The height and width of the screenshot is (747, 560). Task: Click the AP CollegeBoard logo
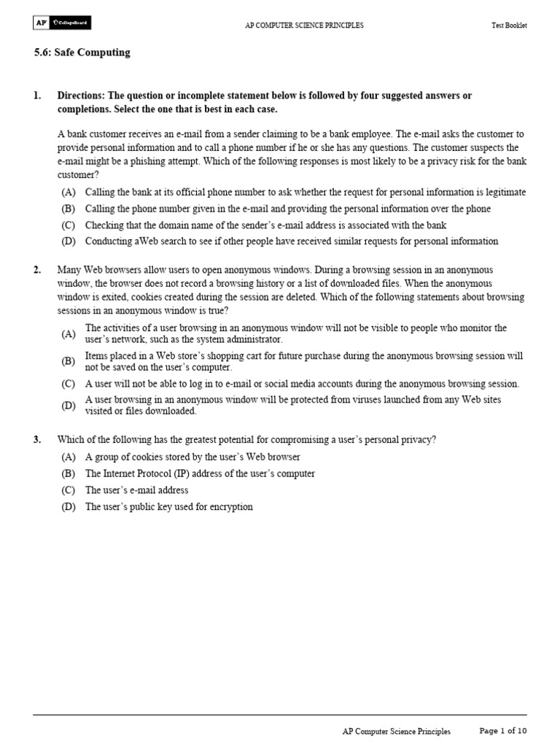coord(62,24)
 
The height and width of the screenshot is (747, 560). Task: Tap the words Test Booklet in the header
coord(509,26)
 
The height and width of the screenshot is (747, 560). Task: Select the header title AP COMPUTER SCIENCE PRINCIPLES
coord(303,26)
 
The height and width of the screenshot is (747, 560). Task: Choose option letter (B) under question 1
coord(69,209)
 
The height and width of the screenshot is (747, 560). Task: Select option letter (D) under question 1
coord(69,241)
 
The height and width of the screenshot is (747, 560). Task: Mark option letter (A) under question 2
coord(69,334)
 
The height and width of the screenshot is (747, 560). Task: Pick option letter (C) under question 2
coord(69,384)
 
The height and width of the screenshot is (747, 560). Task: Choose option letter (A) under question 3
coord(69,457)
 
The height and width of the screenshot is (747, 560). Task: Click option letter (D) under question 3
coord(69,506)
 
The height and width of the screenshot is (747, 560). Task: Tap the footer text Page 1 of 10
coord(502,730)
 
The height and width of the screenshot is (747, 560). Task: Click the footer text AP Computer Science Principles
coord(396,731)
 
